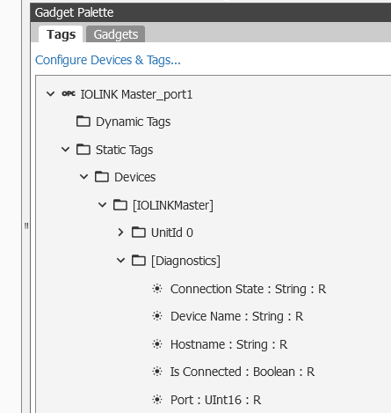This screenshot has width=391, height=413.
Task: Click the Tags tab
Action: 61,34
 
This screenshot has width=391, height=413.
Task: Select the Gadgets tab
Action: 116,34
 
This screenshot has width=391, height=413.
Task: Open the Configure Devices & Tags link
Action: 108,60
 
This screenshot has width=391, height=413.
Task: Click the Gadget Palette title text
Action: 74,12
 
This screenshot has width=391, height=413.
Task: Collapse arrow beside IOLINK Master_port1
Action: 51,94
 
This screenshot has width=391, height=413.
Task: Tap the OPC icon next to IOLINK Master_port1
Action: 69,94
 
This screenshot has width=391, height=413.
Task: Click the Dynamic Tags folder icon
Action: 83,122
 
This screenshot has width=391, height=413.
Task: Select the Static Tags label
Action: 125,150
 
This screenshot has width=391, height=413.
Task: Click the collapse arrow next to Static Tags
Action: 65,150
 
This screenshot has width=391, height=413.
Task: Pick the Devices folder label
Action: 135,177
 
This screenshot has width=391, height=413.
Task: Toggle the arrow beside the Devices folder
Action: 83,177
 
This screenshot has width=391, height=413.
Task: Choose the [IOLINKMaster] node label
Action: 173,205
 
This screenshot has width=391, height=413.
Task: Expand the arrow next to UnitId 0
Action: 120,232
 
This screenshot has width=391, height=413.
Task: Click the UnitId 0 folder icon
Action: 139,232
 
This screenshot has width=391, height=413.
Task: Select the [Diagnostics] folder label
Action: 185,261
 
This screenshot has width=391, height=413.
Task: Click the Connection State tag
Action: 249,289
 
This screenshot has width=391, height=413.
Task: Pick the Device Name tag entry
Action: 237,316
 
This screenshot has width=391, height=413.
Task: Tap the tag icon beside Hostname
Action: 157,344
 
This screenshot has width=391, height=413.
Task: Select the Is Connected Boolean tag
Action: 243,372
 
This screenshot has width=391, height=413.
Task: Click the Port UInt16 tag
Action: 216,400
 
